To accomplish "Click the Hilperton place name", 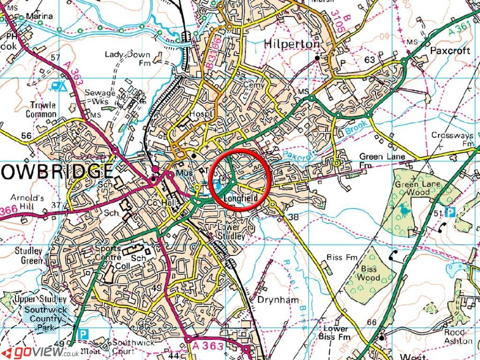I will [x=292, y=44].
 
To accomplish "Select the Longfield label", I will [x=241, y=199].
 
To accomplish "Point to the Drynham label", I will [x=279, y=300].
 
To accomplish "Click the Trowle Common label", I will [x=41, y=109].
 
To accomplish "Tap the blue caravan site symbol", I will [x=58, y=85].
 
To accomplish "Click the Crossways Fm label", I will [x=452, y=139].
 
